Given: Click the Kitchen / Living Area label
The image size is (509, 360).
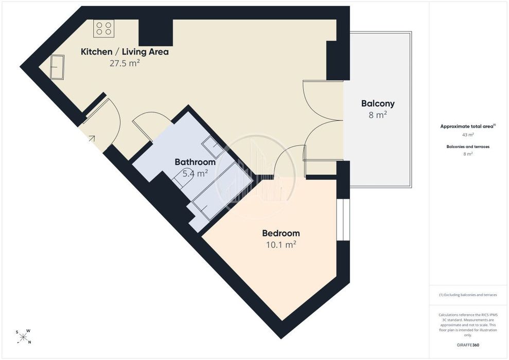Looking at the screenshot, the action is click(x=125, y=52).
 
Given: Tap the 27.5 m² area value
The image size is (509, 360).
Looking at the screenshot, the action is click(x=125, y=63).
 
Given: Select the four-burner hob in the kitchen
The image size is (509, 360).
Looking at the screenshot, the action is click(x=104, y=28).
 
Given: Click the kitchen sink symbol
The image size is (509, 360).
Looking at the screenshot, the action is click(x=57, y=67).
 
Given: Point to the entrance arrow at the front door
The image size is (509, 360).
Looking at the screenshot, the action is click(x=92, y=139).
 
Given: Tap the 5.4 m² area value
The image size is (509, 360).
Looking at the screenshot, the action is click(x=195, y=173).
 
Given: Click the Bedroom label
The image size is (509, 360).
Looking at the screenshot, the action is click(x=281, y=233).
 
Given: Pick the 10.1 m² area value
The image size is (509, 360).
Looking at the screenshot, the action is click(x=281, y=244).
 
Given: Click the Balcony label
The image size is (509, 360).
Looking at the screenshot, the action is click(x=378, y=104).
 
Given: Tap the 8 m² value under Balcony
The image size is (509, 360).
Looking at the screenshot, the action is click(x=378, y=115).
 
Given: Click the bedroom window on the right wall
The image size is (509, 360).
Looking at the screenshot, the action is click(x=343, y=220).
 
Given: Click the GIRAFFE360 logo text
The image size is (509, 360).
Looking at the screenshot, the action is click(x=468, y=345).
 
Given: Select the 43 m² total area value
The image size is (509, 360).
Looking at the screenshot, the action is click(x=468, y=135).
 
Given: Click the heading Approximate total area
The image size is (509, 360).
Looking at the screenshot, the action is click(x=468, y=127).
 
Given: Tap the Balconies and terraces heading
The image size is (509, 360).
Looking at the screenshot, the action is click(x=468, y=147).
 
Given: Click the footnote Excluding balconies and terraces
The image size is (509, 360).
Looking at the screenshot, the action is click(x=468, y=295).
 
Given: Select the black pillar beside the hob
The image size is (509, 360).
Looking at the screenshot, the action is click(x=156, y=32).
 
